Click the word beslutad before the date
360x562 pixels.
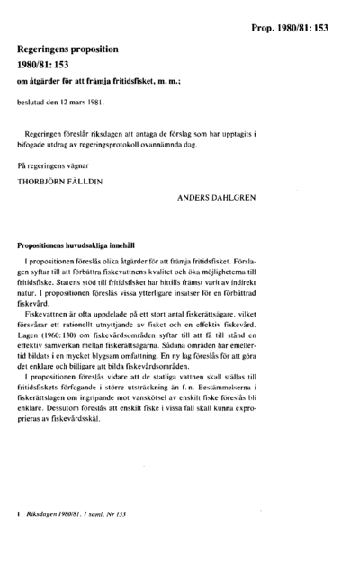click(31, 103)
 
